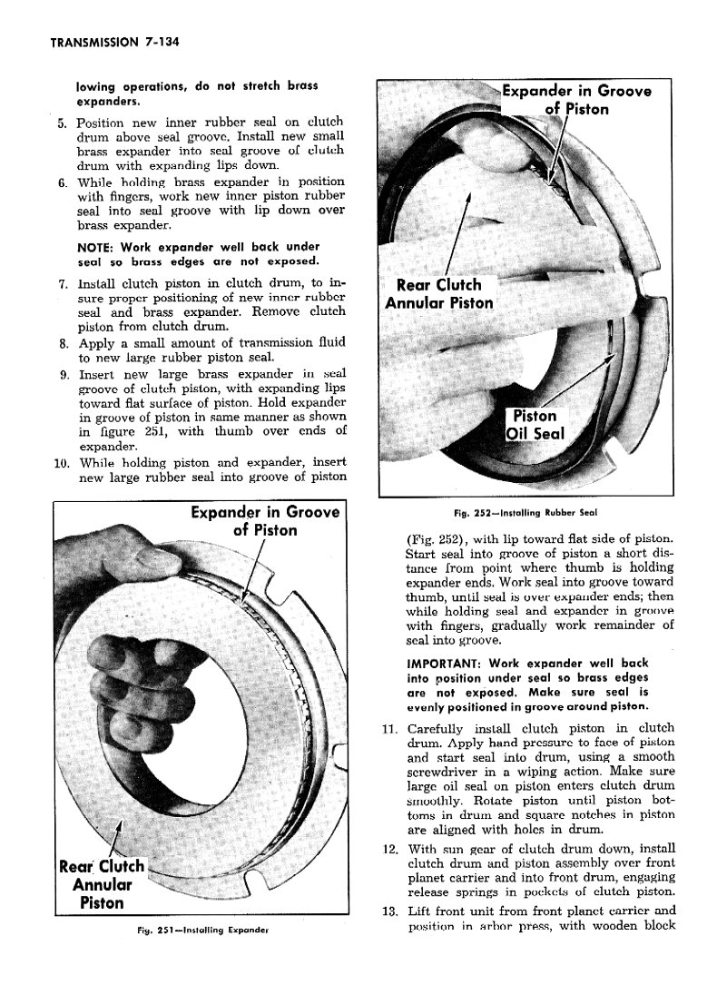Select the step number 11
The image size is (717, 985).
[x=388, y=729]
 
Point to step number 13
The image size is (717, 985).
[x=388, y=911]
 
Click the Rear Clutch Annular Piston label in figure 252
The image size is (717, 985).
[x=439, y=293]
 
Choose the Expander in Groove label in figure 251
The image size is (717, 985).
[x=264, y=521]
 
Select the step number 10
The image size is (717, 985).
[x=61, y=461]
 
